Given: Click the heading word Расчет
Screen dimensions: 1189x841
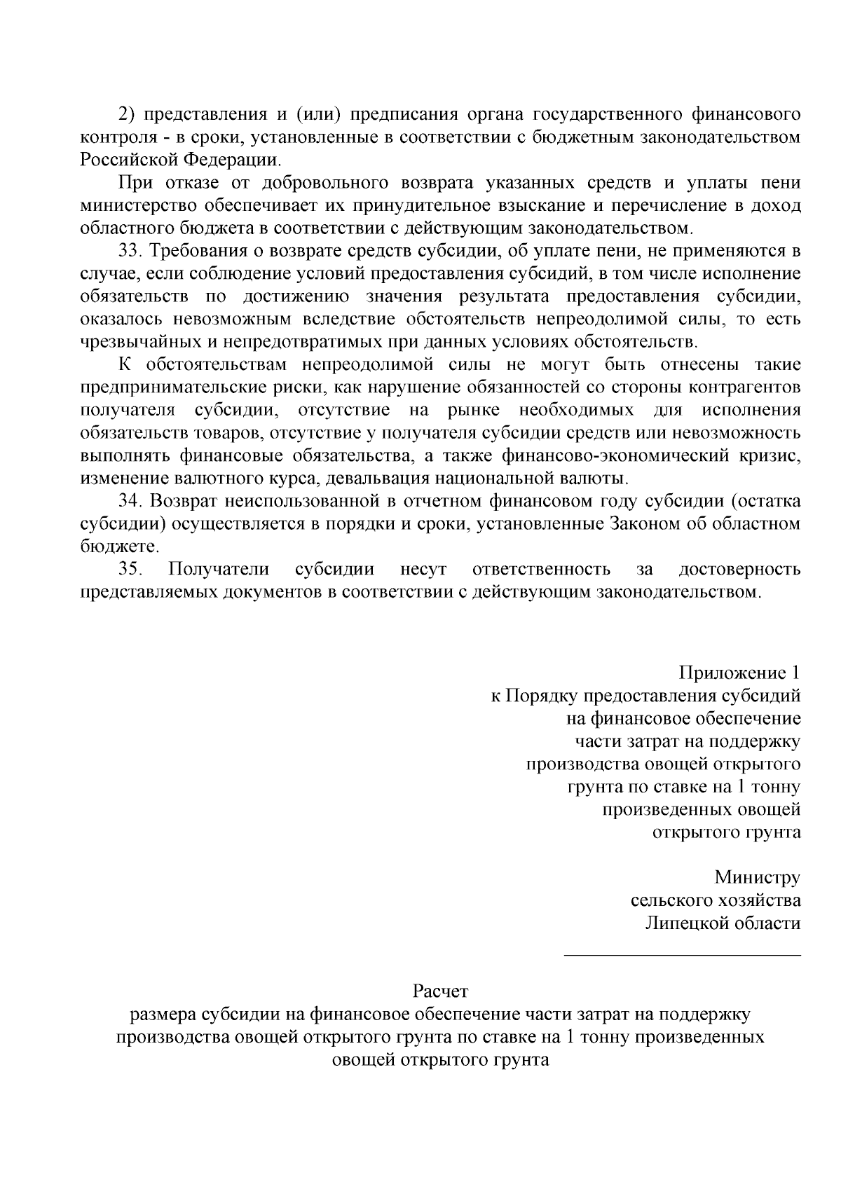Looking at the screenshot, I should tap(439, 992).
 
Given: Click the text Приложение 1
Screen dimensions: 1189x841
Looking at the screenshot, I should tap(739, 673).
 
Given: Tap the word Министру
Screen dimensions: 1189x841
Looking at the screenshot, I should tap(757, 877).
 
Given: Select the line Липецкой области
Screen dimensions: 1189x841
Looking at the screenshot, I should tap(723, 923).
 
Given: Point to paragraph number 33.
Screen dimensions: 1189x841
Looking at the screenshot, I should tap(130, 251).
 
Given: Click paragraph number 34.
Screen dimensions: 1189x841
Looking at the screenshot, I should tap(130, 501).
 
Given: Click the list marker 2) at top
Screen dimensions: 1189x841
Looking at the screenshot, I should tap(126, 114).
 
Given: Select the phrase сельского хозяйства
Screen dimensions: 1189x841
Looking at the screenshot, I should tap(716, 900).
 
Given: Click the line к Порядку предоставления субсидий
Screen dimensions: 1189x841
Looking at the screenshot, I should tap(645, 696).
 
